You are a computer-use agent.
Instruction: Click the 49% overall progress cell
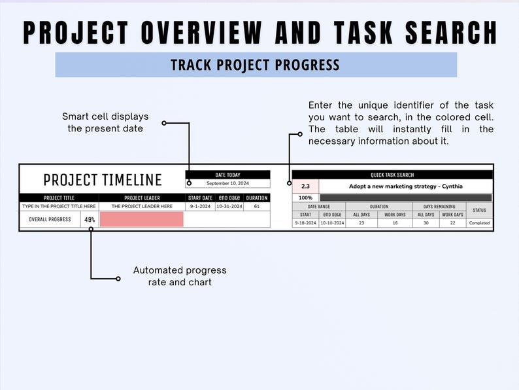click(x=90, y=219)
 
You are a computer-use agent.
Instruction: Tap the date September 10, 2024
click(x=227, y=183)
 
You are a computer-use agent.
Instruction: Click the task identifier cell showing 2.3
click(x=305, y=186)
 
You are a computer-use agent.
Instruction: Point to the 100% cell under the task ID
click(x=305, y=197)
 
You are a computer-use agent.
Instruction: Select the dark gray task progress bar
click(x=405, y=197)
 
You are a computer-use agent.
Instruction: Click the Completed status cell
click(x=479, y=223)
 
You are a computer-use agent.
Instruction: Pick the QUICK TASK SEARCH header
click(x=392, y=175)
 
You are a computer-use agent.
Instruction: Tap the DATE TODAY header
click(x=227, y=175)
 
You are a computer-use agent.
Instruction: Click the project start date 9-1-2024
click(x=200, y=206)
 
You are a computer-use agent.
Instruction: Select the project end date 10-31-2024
click(x=229, y=206)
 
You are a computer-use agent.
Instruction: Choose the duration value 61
click(x=256, y=206)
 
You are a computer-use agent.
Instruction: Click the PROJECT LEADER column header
click(x=142, y=198)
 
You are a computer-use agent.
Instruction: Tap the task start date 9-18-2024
click(x=305, y=223)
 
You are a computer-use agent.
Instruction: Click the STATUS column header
click(x=479, y=210)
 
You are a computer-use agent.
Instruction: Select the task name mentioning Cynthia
click(x=405, y=186)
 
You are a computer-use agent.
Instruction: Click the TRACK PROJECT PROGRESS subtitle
click(x=255, y=65)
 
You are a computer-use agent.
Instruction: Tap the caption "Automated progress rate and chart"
click(x=180, y=275)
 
